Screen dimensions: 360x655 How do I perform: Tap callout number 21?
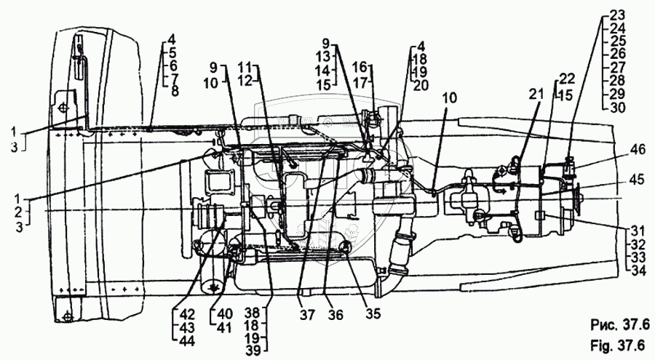click(536, 94)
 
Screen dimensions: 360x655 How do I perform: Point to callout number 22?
click(566, 78)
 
